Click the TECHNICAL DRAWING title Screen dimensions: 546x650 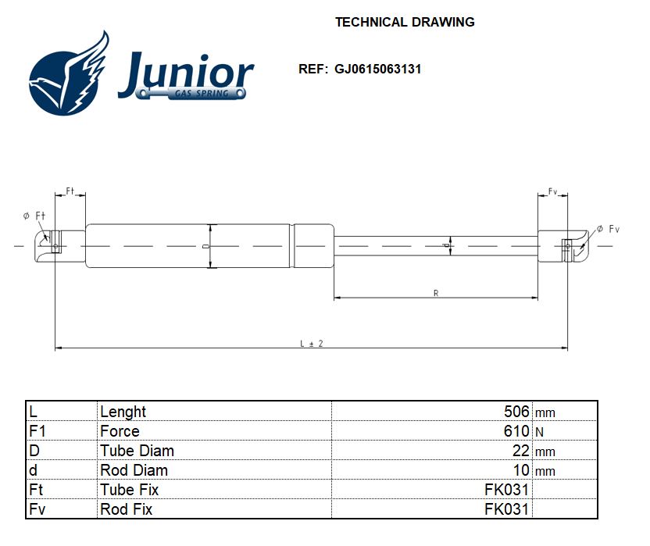coord(405,22)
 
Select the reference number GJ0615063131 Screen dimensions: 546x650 coord(378,69)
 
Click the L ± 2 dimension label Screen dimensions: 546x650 coord(311,344)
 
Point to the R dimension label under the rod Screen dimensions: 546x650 coord(435,293)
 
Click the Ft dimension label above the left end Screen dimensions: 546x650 coord(70,191)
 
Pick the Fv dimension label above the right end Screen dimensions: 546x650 coord(552,191)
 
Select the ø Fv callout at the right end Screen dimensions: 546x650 coord(607,229)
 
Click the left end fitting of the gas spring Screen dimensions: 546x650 coord(55,246)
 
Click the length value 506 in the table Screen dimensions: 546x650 coord(516,412)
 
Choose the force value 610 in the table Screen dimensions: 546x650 coord(516,431)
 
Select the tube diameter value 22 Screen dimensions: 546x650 coord(521,451)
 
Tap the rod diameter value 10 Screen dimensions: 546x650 coord(521,470)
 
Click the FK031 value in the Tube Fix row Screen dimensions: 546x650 coord(506,490)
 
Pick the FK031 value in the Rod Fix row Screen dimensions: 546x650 coord(506,509)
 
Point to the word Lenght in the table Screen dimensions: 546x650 coord(123,412)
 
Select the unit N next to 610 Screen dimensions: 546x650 coord(539,432)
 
